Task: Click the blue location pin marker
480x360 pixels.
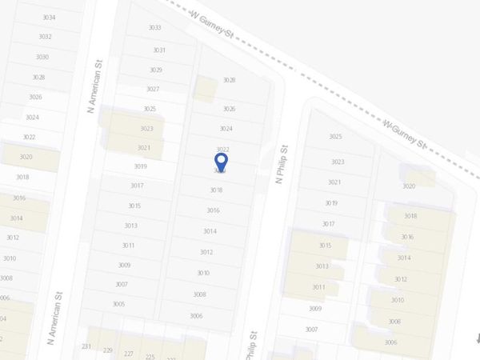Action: [222, 163]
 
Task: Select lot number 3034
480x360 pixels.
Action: [49, 17]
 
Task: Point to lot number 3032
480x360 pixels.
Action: [45, 37]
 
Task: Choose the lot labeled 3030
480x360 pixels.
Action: [42, 57]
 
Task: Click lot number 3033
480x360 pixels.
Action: [155, 27]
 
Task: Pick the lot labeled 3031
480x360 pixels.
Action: [159, 50]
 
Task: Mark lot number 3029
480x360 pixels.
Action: [155, 70]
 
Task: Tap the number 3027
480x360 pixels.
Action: [153, 89]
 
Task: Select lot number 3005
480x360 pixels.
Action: [118, 304]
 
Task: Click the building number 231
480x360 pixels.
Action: [86, 346]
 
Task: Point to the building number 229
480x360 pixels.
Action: [107, 350]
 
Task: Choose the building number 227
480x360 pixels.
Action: [128, 354]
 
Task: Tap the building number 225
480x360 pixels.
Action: [150, 357]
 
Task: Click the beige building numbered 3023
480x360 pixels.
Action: [146, 128]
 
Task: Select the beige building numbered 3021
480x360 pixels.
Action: [143, 147]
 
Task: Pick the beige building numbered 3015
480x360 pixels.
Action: [324, 246]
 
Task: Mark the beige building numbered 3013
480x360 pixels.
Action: [322, 266]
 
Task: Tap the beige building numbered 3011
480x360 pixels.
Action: [318, 287]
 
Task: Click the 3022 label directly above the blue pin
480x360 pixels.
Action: [223, 150]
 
